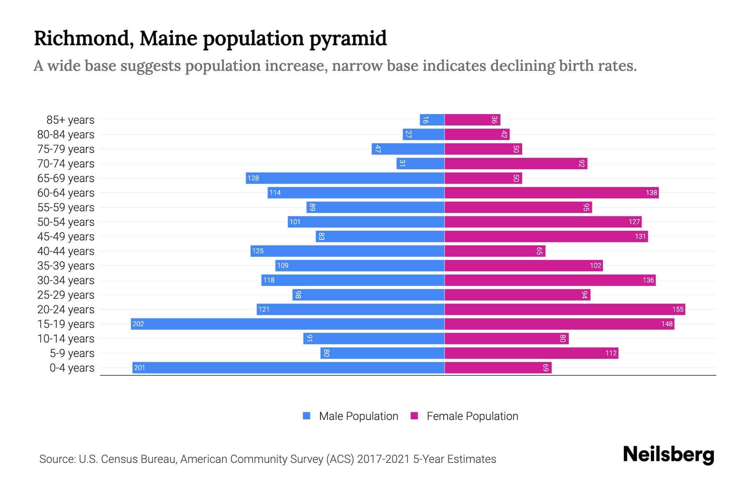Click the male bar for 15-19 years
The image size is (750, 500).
[287, 324]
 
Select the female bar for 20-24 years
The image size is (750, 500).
[565, 309]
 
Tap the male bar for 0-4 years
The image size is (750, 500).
[288, 367]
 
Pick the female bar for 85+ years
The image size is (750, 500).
[472, 120]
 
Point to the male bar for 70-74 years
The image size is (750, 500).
[420, 163]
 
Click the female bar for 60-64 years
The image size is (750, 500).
[551, 192]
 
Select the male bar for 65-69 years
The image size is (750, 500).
[345, 178]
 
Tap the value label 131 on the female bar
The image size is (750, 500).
[640, 237]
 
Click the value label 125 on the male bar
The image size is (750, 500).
[258, 251]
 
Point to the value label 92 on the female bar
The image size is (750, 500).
[582, 163]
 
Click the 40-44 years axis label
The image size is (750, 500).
[66, 251]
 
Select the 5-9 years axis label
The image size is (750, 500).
[72, 353]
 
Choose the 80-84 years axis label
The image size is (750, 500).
[66, 135]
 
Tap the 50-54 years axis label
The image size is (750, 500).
[66, 222]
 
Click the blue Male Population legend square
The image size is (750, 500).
[307, 416]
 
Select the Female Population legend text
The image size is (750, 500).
[472, 416]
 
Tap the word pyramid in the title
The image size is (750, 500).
[348, 39]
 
